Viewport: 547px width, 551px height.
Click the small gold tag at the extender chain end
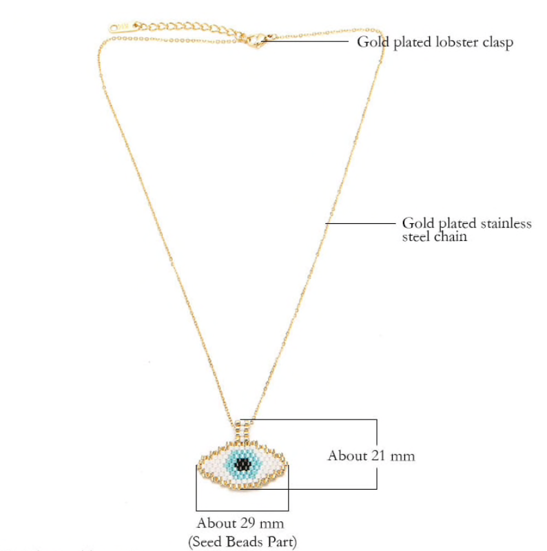point(118,28)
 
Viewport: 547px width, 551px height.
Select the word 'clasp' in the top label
point(497,42)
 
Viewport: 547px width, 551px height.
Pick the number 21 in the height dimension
point(380,456)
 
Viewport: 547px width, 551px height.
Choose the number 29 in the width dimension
point(249,523)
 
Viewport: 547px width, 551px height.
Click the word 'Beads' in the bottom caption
point(242,542)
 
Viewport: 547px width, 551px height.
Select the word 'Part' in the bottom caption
point(280,542)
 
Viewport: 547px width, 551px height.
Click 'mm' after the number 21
point(403,456)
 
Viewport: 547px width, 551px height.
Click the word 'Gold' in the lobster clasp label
point(371,42)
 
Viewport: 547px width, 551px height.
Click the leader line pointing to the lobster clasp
point(310,41)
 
